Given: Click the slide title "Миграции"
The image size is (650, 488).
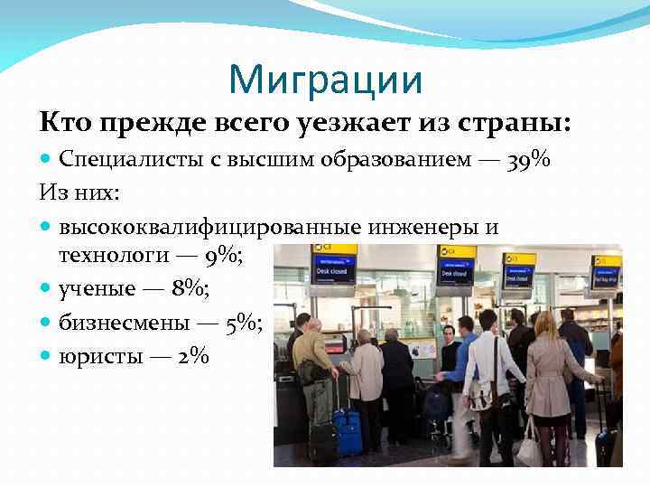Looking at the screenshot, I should click(x=325, y=80).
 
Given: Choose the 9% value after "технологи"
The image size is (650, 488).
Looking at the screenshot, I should click(x=221, y=257).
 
